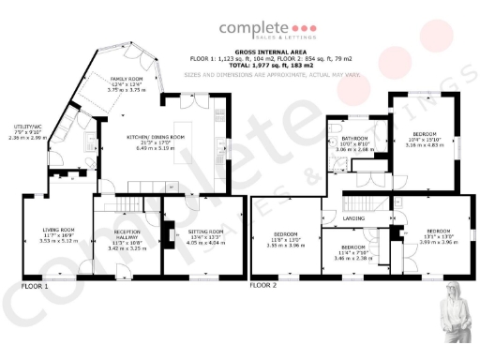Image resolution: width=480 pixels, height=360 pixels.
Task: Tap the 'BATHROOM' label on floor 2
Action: click(x=353, y=138)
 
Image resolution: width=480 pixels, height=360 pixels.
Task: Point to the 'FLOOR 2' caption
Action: click(x=263, y=283)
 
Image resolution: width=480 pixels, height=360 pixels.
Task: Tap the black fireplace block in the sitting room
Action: click(x=171, y=235)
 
